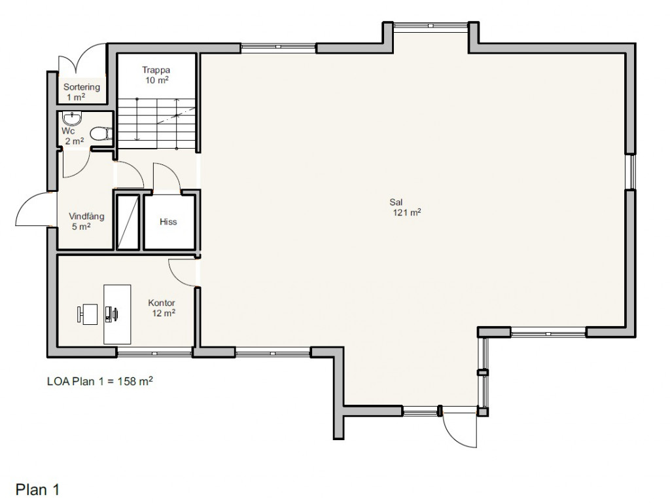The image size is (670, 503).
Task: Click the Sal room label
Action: (x=396, y=202)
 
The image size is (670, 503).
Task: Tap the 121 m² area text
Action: (x=407, y=212)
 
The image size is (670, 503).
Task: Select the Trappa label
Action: (x=156, y=69)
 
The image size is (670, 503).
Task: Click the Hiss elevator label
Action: (x=168, y=221)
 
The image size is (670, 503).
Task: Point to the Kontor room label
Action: (x=162, y=303)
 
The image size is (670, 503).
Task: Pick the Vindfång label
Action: (x=86, y=216)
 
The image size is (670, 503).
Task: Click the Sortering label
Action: (x=82, y=87)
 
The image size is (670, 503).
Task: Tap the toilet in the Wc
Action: (x=101, y=134)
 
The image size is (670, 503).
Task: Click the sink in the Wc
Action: (x=71, y=117)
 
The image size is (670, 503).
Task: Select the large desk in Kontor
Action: (x=117, y=314)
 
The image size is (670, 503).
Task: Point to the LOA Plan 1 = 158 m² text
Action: (x=100, y=381)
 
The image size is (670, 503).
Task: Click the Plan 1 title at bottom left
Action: (x=37, y=489)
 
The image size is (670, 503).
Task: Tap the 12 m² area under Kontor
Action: (x=164, y=313)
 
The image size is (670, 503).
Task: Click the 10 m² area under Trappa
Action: (x=157, y=80)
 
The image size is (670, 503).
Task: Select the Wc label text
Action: (x=68, y=131)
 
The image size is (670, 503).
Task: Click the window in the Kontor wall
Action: (x=154, y=353)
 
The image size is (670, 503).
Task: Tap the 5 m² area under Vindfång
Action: (x=81, y=226)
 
